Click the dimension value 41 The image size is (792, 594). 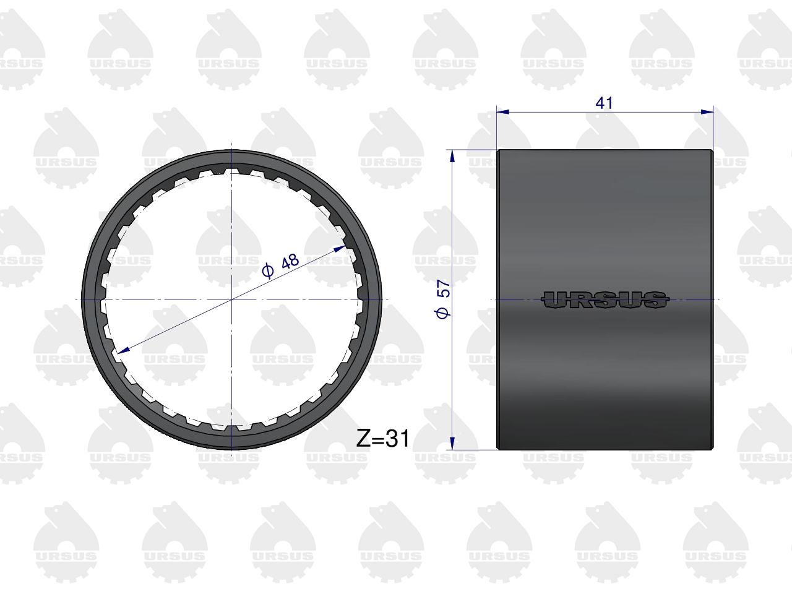tap(604, 103)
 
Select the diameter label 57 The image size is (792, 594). tap(444, 288)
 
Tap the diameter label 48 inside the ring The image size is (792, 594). tap(290, 261)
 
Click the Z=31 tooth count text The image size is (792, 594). tap(383, 439)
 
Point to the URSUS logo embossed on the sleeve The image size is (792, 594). tap(605, 299)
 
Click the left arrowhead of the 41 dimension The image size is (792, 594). tap(502, 112)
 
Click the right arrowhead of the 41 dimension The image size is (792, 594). tap(708, 112)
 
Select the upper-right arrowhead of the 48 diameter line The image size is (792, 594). tap(340, 249)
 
